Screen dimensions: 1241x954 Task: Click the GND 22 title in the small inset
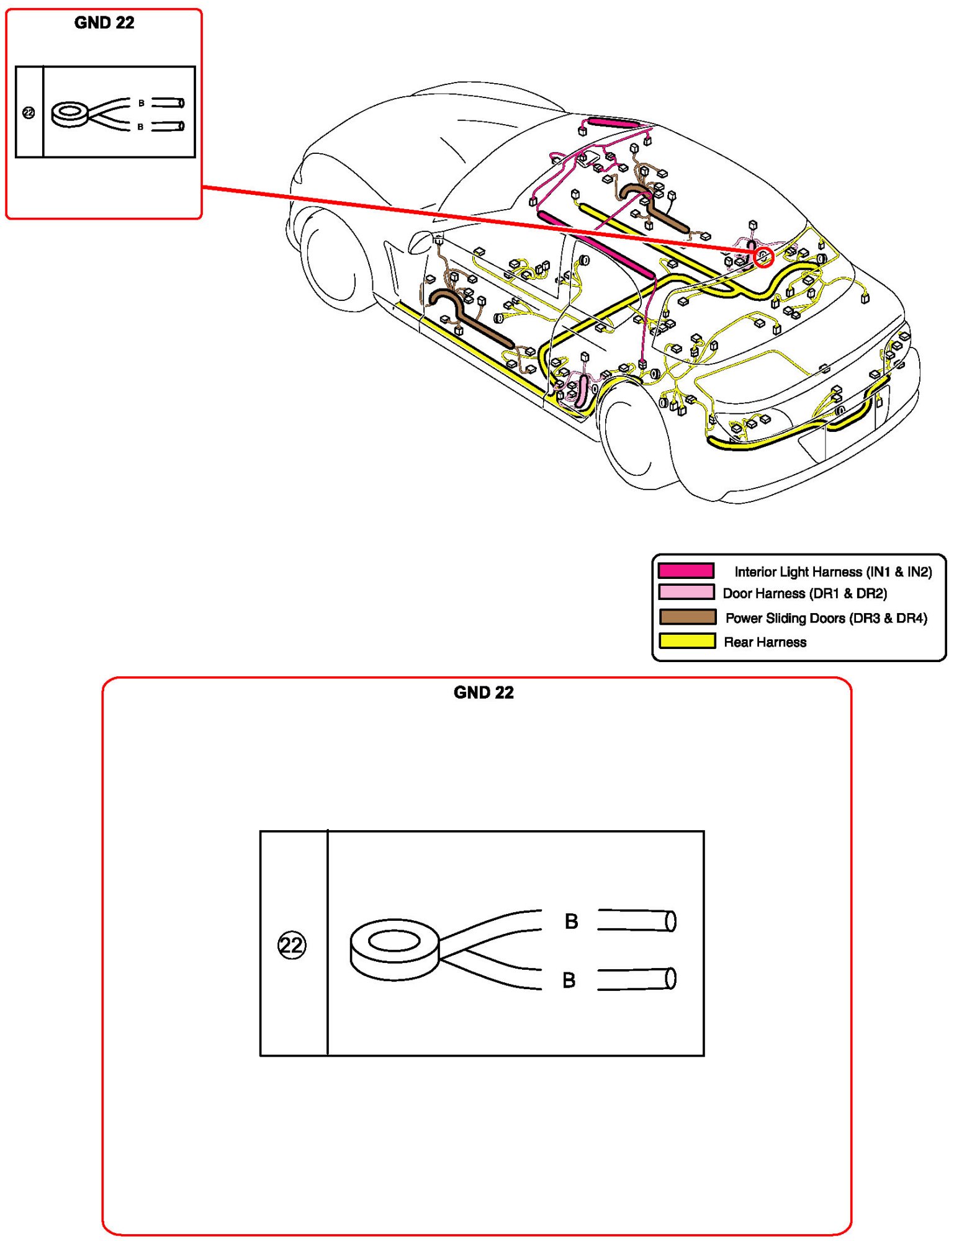(x=104, y=23)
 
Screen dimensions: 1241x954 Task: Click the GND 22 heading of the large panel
(x=484, y=692)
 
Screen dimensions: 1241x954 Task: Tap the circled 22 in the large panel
(x=292, y=945)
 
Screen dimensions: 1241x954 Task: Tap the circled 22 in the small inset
(x=29, y=113)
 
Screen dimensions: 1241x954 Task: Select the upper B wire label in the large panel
(x=572, y=921)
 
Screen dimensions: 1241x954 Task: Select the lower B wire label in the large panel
(x=569, y=980)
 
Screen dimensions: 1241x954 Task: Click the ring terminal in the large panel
(x=395, y=949)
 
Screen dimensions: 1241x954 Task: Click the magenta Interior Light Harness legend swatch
(x=686, y=570)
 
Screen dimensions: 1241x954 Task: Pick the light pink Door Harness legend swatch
(x=686, y=592)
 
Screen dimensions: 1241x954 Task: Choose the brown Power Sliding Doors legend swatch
(x=687, y=617)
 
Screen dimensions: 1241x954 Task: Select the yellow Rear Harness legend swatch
(x=687, y=641)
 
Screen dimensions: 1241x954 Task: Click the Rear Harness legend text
(x=765, y=642)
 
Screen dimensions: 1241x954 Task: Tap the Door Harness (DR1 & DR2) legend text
(x=805, y=593)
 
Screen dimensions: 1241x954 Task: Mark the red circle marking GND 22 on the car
(x=764, y=256)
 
